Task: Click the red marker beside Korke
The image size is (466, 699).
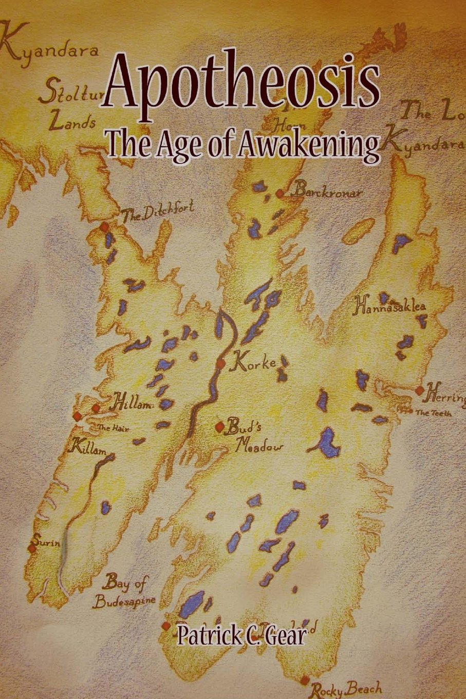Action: coord(221,364)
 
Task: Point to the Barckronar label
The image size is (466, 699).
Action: coord(327,193)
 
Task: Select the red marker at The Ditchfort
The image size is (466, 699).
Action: coord(105,227)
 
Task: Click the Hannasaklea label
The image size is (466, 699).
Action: coord(390,307)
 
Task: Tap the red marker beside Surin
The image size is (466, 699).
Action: coord(32,549)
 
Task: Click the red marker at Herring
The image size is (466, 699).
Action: coord(420,391)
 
